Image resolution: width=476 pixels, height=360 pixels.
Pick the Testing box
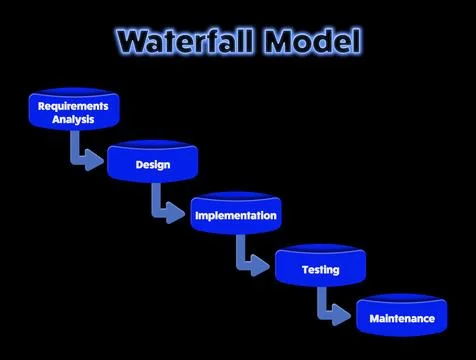point(320,268)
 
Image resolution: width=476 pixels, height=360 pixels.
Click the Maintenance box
point(401,318)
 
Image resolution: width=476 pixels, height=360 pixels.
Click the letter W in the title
point(132,41)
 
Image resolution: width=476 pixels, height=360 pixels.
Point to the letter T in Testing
point(306,269)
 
